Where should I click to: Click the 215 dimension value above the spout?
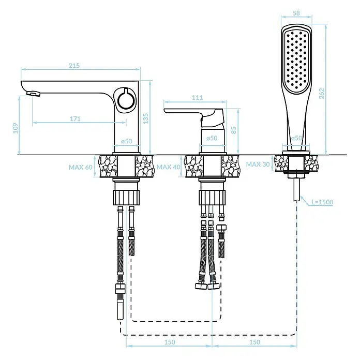(74, 66)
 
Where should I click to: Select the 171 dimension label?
(75, 119)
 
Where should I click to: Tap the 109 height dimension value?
(16, 128)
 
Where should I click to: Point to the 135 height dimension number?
(146, 118)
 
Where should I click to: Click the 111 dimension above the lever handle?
(197, 98)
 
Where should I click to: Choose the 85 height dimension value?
(234, 130)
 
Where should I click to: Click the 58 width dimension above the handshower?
(296, 13)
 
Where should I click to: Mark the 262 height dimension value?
(322, 94)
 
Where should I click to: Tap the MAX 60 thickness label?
(81, 167)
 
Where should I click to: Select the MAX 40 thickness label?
(168, 167)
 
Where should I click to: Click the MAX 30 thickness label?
(258, 164)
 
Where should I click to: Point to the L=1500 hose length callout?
(322, 202)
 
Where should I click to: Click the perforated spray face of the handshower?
(296, 61)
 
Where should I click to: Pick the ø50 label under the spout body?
(127, 141)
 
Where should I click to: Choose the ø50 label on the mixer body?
(212, 138)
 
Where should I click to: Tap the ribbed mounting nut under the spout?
(126, 198)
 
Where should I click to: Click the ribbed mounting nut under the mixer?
(212, 198)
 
